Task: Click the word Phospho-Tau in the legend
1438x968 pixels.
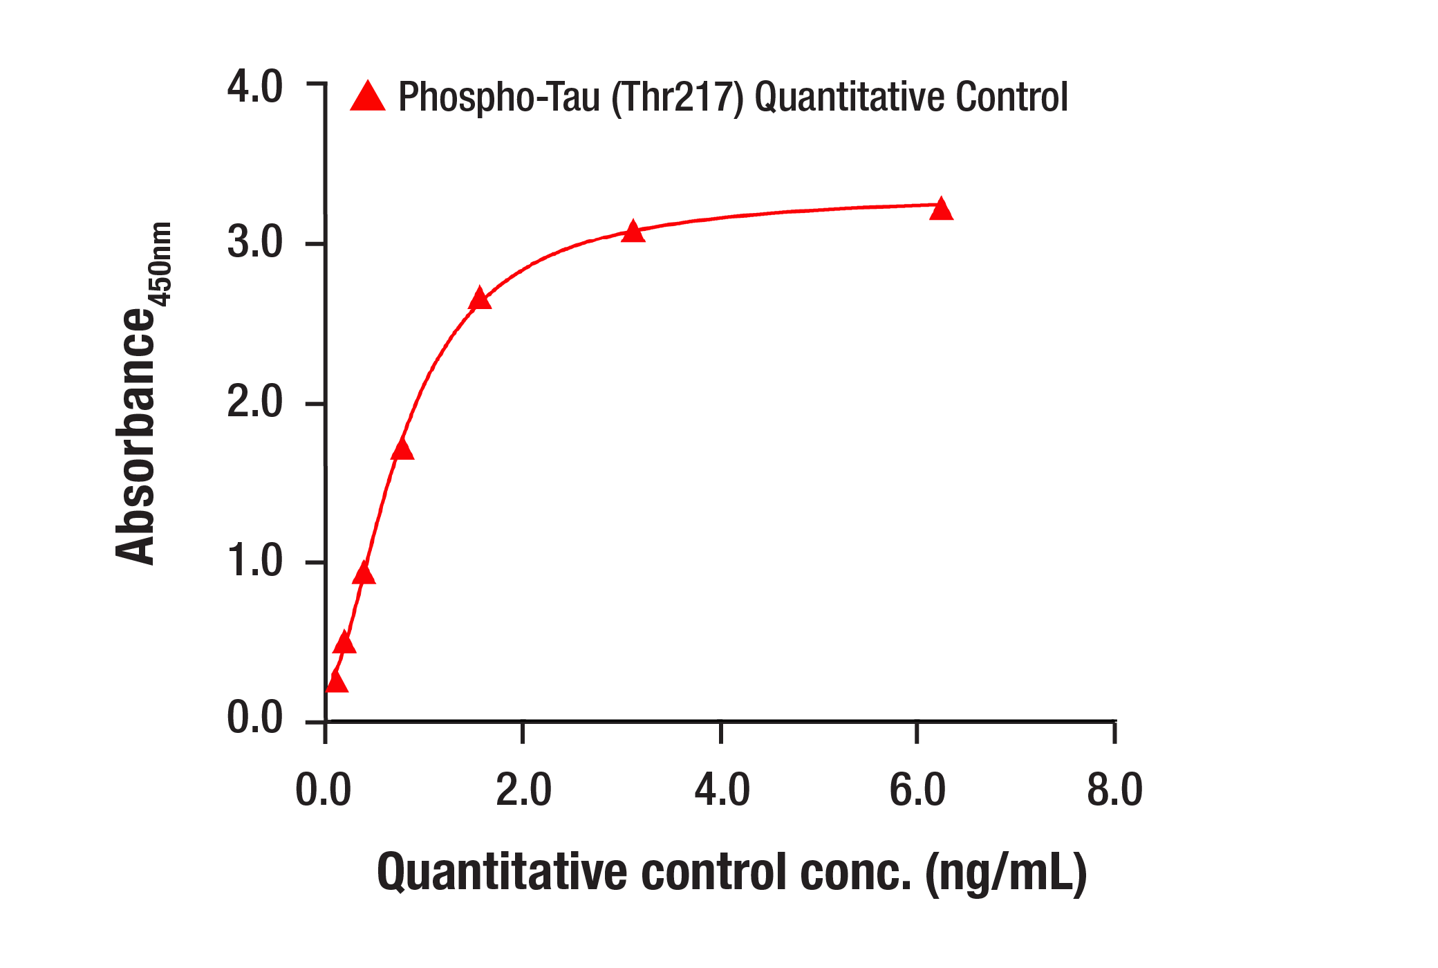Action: (x=498, y=97)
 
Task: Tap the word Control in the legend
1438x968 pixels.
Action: (x=1011, y=97)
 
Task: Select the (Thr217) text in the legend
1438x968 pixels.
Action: (x=677, y=97)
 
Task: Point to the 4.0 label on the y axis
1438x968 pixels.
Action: (x=254, y=88)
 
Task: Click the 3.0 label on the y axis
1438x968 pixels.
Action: (x=254, y=243)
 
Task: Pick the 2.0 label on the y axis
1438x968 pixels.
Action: (x=254, y=402)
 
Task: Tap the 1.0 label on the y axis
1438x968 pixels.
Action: (x=254, y=561)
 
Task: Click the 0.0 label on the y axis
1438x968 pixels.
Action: (x=254, y=718)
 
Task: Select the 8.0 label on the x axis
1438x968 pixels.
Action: (x=1114, y=790)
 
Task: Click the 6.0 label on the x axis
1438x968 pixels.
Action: (x=917, y=790)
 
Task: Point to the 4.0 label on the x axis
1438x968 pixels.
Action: (x=722, y=790)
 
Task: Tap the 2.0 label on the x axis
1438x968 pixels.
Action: (x=523, y=790)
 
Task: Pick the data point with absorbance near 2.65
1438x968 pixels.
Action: (x=479, y=299)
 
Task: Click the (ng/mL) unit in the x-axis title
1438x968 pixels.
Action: (x=1006, y=873)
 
